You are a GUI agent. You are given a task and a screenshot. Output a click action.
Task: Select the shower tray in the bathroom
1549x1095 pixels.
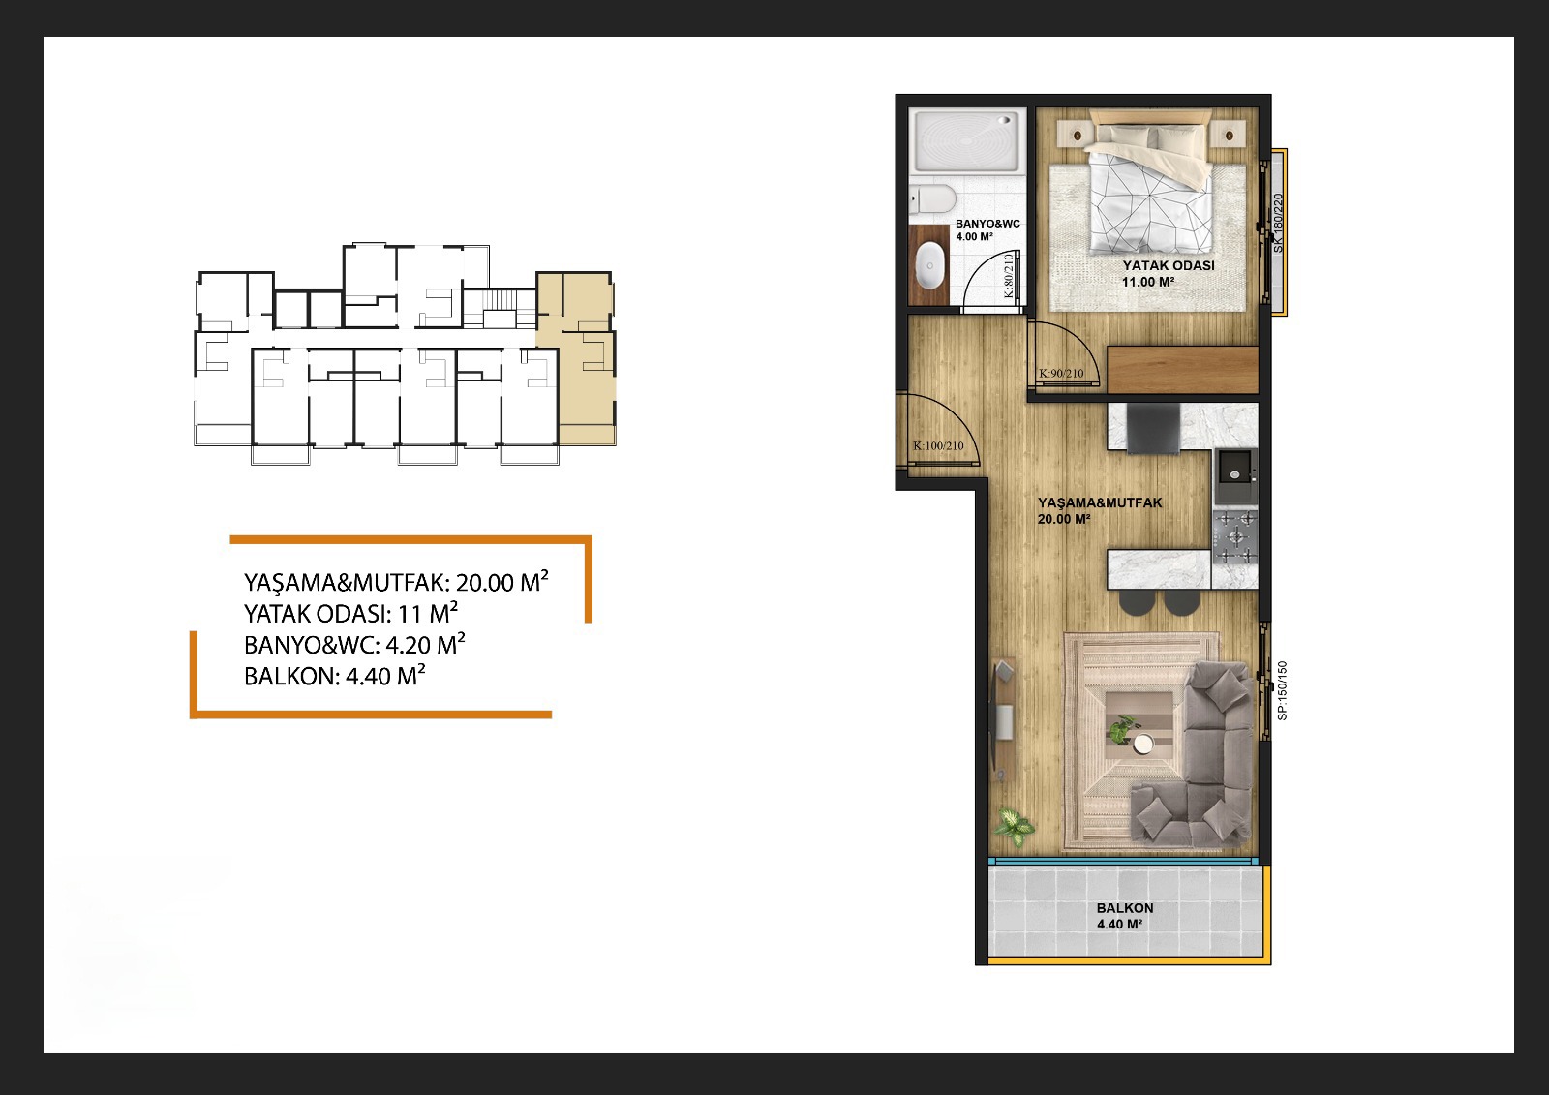[x=967, y=141]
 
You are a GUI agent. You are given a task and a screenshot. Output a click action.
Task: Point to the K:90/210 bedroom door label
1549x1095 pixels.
[x=1061, y=374]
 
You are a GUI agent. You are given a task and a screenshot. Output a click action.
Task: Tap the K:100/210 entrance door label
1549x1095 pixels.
[x=938, y=446]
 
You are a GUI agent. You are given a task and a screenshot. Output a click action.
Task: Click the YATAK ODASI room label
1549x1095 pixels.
[x=1168, y=265]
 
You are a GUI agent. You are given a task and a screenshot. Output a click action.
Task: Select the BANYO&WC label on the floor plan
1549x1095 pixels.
[x=987, y=224]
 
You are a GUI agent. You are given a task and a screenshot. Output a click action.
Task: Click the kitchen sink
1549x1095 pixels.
[x=1234, y=467]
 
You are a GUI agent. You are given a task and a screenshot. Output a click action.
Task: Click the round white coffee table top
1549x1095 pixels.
[x=1143, y=744]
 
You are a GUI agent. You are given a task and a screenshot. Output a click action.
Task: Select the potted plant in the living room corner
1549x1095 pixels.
[x=1015, y=827]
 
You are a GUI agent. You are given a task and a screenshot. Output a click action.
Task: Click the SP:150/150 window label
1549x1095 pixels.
[x=1282, y=691]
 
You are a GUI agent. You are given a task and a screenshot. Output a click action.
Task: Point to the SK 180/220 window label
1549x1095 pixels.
[x=1278, y=223]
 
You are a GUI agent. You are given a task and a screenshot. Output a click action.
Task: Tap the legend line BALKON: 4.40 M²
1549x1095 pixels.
[x=334, y=675]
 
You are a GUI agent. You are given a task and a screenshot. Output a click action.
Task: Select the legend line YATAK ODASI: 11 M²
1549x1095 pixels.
[x=350, y=613]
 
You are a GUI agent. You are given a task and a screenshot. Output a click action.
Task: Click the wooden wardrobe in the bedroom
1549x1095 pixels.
[x=1182, y=370]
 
